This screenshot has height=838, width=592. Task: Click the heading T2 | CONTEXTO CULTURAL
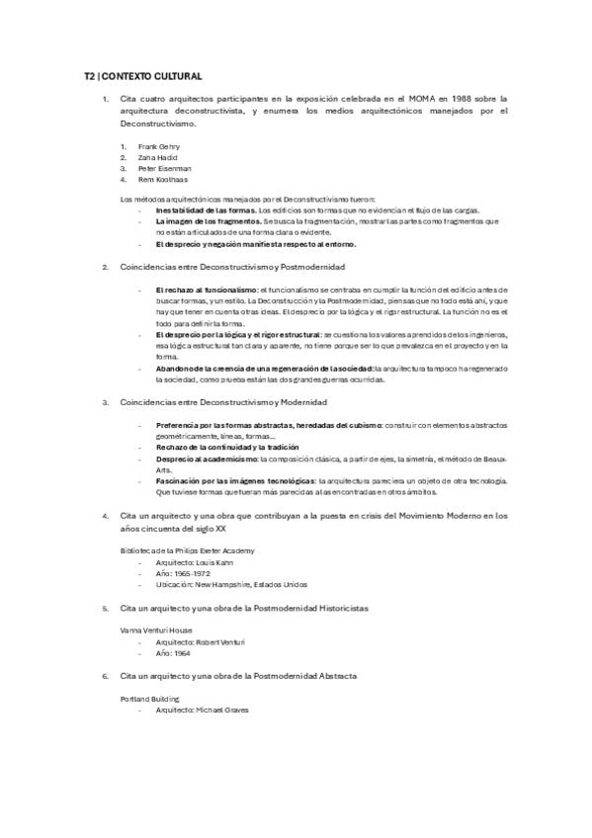pos(144,75)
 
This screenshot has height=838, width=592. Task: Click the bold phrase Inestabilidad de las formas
pos(205,210)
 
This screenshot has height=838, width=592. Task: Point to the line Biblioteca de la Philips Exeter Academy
pos(187,549)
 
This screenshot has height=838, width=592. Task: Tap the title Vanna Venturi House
pos(156,628)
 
